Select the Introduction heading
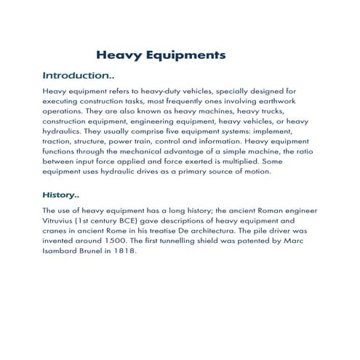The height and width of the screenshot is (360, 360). click(x=78, y=75)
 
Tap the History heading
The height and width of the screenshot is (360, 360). click(x=61, y=196)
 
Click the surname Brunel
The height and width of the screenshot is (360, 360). click(x=79, y=259)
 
